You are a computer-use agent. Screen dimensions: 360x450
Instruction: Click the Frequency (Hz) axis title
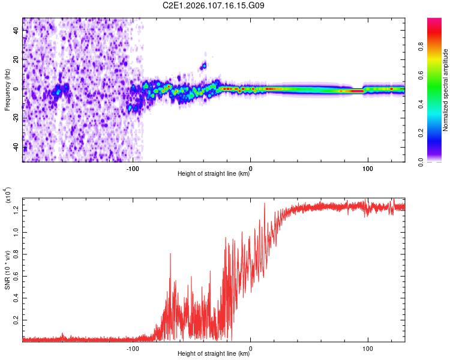coord(7,89)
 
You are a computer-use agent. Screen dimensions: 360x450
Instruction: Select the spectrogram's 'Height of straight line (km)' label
coord(214,175)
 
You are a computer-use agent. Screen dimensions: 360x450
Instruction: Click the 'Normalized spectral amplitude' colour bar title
coord(446,89)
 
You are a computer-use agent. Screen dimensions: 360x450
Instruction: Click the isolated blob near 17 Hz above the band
coord(204,65)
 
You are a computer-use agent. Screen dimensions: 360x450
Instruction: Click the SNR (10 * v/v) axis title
coord(7,269)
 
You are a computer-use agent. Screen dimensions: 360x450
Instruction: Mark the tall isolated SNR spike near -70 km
coord(170,254)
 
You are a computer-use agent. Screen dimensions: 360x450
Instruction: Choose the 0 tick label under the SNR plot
coord(250,347)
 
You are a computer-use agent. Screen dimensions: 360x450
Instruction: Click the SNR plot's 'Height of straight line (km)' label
coord(214,355)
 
